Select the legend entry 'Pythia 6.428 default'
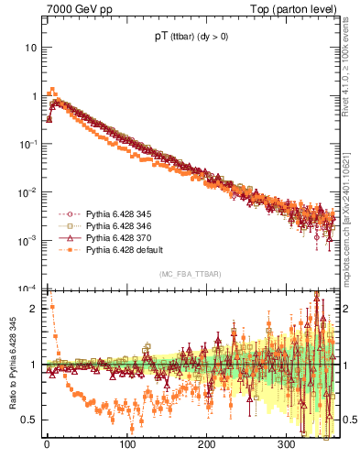124,249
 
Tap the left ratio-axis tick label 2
34,309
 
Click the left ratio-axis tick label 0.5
30,420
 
